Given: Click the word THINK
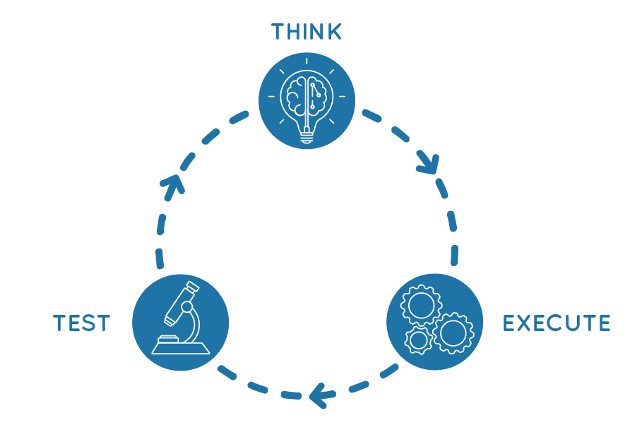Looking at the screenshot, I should [307, 32].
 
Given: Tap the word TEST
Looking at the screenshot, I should [82, 323].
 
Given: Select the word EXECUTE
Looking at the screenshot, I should [557, 323].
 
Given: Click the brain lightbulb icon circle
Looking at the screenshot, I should [307, 100].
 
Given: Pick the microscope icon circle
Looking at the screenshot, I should [180, 322].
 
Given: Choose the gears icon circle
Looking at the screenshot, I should [434, 322].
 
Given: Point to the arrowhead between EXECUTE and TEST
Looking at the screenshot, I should [319, 395].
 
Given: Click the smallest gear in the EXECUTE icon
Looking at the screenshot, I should [419, 340].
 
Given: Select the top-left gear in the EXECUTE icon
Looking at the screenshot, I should [421, 305].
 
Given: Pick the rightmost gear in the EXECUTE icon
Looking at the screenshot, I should [452, 332].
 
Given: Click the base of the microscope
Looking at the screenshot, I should [180, 346].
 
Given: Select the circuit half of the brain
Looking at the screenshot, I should [318, 95].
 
